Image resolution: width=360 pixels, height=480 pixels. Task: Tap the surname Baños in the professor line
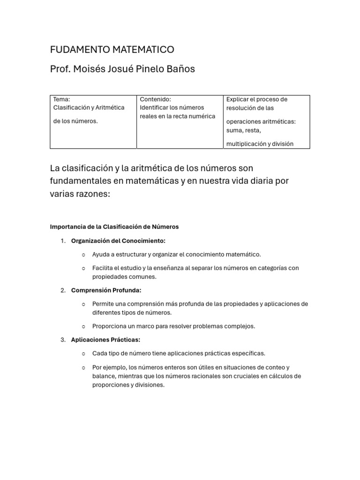180,69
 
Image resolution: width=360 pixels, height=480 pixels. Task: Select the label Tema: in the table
61,99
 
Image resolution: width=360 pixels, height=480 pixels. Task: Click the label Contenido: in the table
155,99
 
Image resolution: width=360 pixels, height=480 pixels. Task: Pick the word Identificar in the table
155,108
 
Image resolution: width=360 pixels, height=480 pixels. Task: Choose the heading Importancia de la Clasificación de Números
114,227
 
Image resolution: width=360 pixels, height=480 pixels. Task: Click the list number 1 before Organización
63,241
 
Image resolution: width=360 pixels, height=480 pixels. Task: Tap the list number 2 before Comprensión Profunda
63,290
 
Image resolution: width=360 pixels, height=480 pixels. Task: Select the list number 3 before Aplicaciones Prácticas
63,340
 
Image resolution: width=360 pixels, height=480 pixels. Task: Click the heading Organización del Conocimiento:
118,241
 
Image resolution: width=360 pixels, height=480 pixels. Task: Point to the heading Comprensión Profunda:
106,290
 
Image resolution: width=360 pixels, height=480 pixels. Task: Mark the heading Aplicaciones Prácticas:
105,340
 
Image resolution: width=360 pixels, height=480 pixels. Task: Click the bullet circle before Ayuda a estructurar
83,255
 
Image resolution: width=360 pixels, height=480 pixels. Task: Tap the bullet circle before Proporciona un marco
83,326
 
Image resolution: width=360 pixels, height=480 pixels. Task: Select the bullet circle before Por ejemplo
83,367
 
